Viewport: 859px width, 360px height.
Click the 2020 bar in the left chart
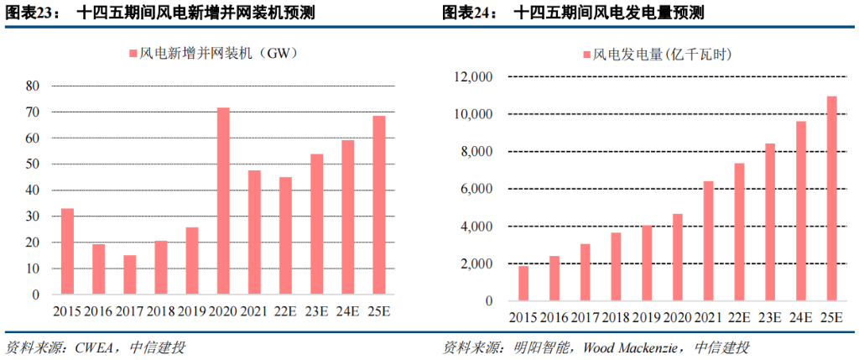point(223,201)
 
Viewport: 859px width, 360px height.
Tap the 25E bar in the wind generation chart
point(831,199)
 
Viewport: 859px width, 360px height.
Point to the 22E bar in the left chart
point(285,236)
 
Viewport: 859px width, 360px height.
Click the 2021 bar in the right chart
point(708,242)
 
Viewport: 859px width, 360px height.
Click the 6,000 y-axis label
point(474,190)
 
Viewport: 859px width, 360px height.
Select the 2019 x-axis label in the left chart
point(192,313)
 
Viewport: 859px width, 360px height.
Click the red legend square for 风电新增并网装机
point(133,55)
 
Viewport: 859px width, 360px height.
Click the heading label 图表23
point(30,13)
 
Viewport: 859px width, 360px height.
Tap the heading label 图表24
point(467,13)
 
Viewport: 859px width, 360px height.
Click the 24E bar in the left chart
point(347,217)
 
